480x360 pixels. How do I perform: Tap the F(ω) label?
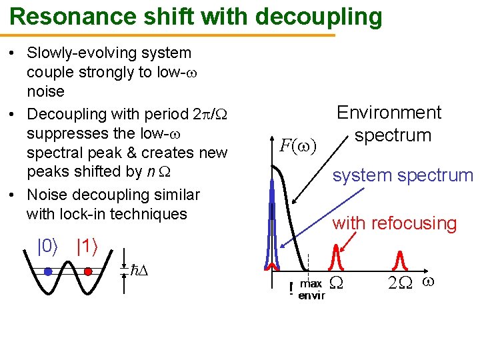point(297,145)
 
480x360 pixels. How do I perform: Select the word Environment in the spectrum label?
point(389,113)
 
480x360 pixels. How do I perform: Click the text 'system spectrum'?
point(403,176)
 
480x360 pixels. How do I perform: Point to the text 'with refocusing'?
point(394,223)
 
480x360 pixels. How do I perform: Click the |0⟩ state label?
point(47,247)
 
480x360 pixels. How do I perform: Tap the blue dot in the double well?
point(48,272)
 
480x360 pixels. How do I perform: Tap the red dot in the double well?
point(88,271)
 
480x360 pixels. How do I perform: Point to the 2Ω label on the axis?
point(401,283)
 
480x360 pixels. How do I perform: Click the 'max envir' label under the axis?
point(311,290)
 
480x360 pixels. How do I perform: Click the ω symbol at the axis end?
point(429,282)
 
